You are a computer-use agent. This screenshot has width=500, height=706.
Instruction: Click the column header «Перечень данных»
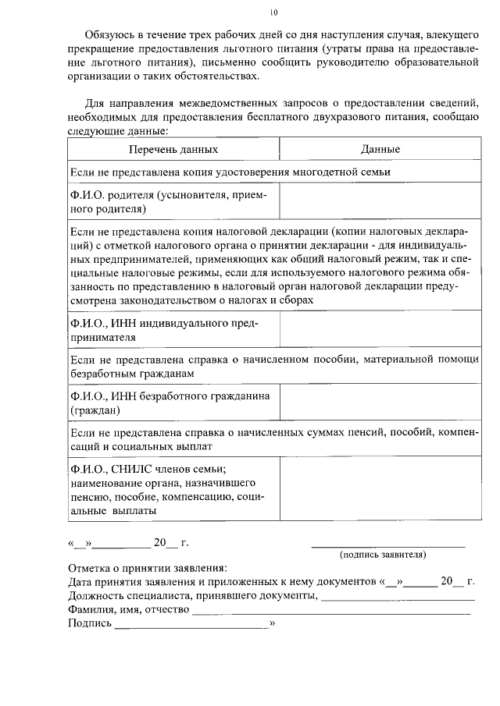point(173,149)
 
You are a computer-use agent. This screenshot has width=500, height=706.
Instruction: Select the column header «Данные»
point(380,149)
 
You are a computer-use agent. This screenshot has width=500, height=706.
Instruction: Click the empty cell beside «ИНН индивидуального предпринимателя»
point(380,330)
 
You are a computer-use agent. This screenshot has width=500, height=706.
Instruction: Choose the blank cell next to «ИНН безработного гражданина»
point(380,403)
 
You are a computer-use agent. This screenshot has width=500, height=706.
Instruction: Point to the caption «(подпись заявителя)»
point(382,555)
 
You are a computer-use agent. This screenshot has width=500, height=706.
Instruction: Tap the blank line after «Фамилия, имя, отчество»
point(331,612)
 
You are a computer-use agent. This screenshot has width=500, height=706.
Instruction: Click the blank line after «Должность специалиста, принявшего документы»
point(398,598)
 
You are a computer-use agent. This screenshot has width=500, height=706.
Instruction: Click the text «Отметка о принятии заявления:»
point(148,569)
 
